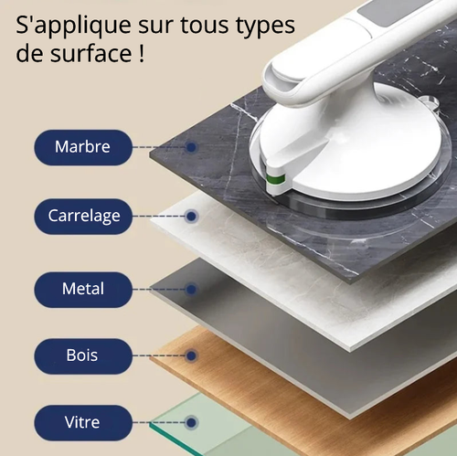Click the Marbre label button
pyautogui.click(x=83, y=146)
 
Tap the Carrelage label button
pyautogui.click(x=83, y=217)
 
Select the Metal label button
pyautogui.click(x=83, y=289)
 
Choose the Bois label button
pyautogui.click(x=83, y=355)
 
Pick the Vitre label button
pyautogui.click(x=83, y=423)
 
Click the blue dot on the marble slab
pyautogui.click(x=191, y=146)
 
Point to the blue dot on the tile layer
pyautogui.click(x=191, y=217)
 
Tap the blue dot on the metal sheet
pyautogui.click(x=191, y=289)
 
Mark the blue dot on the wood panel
pyautogui.click(x=191, y=355)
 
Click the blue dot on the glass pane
pyautogui.click(x=191, y=423)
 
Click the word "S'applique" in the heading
pyautogui.click(x=69, y=23)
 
